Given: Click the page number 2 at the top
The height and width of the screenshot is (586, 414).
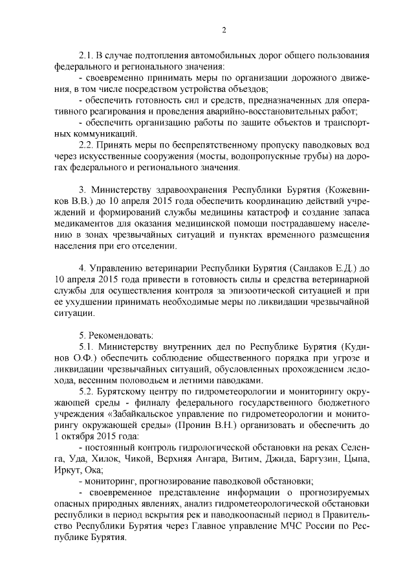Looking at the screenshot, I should (223, 30).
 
